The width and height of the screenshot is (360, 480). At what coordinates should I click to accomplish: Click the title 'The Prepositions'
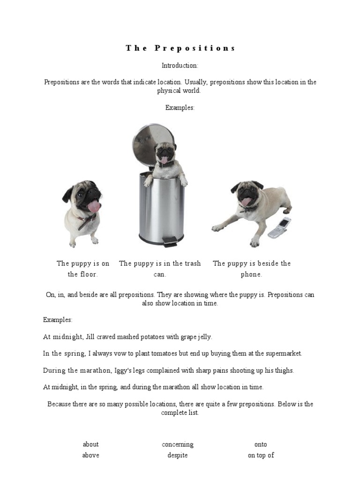click(180, 48)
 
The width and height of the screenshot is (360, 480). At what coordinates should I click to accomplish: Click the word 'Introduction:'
click(180, 65)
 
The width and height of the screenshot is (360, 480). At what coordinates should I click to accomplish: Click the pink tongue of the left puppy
click(94, 205)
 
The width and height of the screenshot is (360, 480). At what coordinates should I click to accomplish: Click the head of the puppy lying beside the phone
click(247, 194)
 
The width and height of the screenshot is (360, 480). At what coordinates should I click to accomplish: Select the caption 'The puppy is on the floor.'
click(83, 269)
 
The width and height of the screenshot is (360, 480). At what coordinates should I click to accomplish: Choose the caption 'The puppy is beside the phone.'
click(252, 269)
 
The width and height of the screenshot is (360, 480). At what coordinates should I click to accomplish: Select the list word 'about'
click(90, 444)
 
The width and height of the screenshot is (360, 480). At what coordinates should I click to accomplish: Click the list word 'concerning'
click(178, 444)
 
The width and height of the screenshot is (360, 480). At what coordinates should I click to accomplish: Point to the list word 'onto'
click(261, 444)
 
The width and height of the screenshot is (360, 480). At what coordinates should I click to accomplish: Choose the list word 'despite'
click(178, 455)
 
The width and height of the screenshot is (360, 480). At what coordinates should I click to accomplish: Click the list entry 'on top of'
click(261, 455)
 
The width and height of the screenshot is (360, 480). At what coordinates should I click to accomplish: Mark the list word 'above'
click(90, 455)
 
